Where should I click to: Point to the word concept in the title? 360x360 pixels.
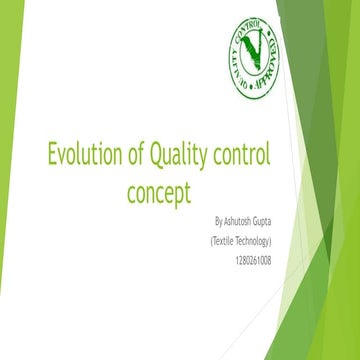click(159, 190)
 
